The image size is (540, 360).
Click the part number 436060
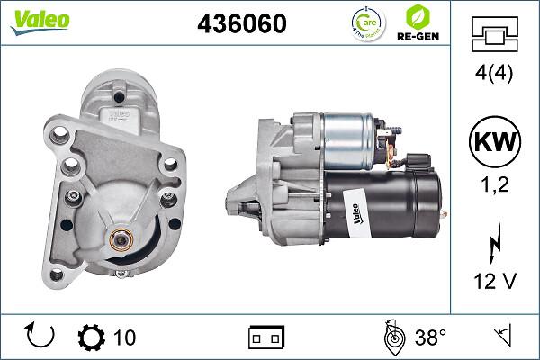tap(241, 23)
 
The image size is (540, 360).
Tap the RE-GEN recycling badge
tap(420, 24)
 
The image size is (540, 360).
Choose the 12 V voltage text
tap(495, 283)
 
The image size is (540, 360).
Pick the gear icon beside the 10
tap(92, 337)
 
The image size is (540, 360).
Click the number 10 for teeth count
tap(125, 337)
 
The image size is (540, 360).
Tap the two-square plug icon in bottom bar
tap(267, 337)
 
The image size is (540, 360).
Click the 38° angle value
tap(430, 337)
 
